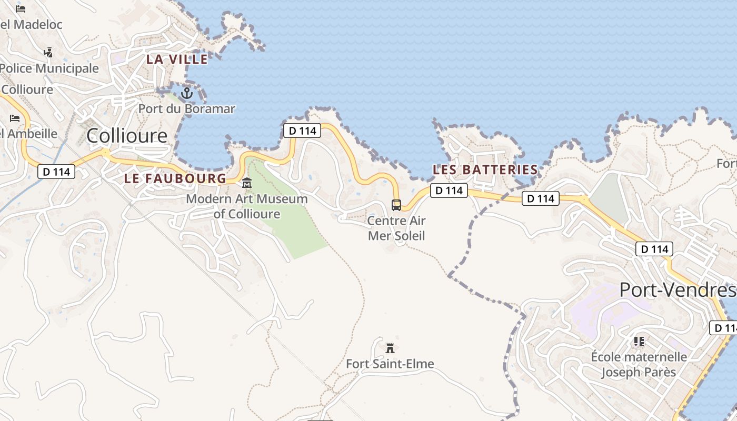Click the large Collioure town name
127,136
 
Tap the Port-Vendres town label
677,290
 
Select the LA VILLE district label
170,59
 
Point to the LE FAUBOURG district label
175,179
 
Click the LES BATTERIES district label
485,170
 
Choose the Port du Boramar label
186,109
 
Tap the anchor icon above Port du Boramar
186,93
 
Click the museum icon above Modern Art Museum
246,183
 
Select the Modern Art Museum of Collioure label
246,206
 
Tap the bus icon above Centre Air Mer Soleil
396,205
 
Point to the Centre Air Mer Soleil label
396,228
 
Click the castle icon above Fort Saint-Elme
390,348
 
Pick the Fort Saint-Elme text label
390,364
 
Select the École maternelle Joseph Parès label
639,364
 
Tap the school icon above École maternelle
639,342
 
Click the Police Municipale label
49,68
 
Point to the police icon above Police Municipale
48,52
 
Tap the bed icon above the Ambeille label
15,118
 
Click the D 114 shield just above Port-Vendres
654,249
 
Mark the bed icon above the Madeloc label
21,9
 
